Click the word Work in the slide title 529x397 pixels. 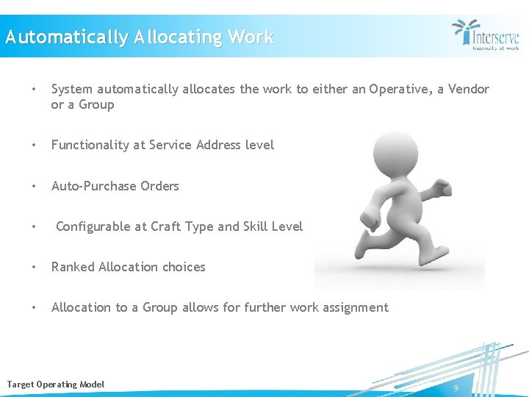(251, 37)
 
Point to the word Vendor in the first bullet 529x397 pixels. (467, 89)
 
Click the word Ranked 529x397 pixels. (73, 267)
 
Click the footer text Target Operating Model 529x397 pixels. (56, 385)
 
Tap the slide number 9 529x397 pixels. (456, 387)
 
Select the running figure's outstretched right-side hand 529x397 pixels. (442, 190)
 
